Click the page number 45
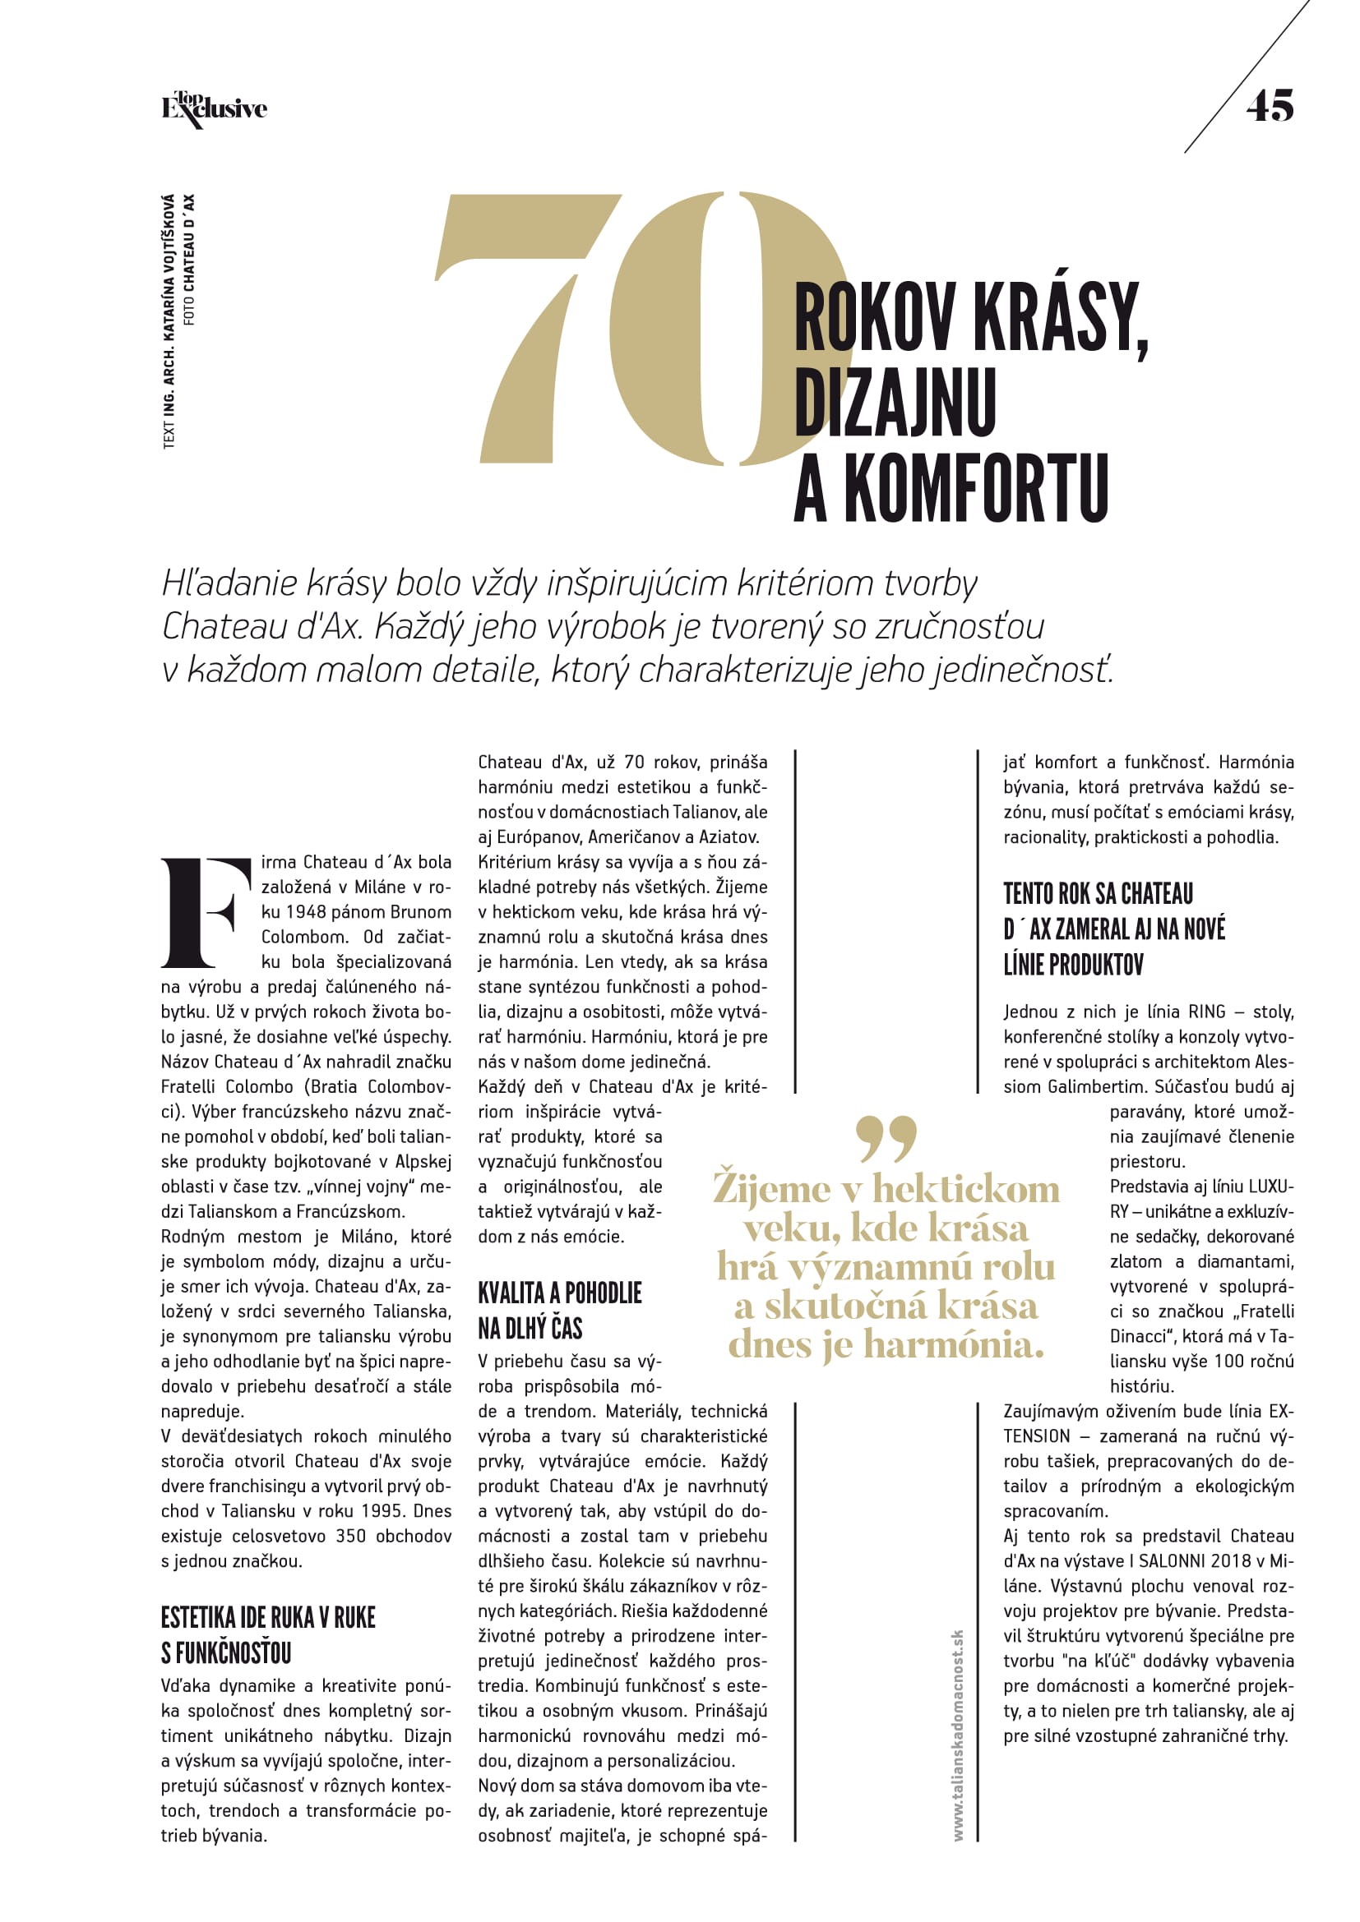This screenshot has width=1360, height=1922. point(1270,106)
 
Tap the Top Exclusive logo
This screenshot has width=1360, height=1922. point(215,108)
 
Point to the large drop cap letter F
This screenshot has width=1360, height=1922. point(206,911)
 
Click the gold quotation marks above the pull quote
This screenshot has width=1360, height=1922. point(887,1138)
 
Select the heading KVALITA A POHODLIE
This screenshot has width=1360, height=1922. point(559,1293)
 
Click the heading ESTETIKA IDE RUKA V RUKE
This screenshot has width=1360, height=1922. point(268,1617)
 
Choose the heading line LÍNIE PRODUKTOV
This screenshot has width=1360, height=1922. point(1073,966)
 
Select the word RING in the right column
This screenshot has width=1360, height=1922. point(1207,1012)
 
